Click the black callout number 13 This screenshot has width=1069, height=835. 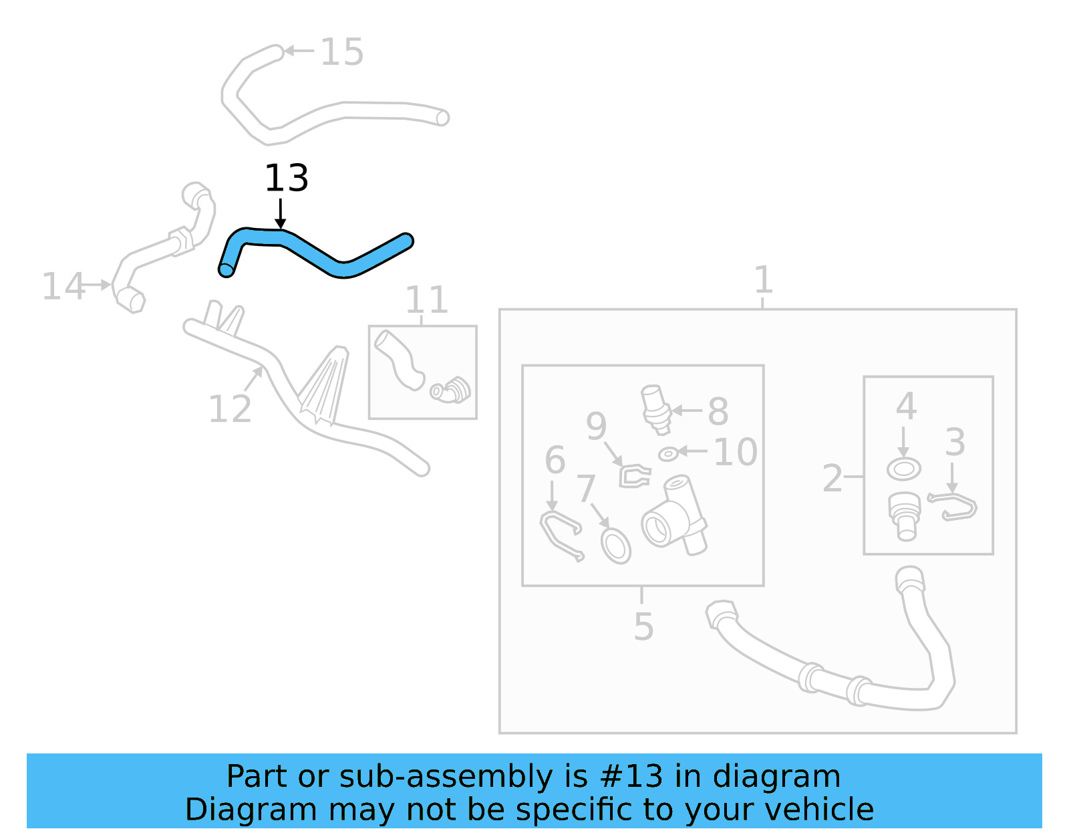point(287,178)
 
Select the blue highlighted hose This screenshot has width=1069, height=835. point(314,254)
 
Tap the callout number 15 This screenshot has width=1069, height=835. point(341,52)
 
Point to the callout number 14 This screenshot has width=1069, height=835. point(63,286)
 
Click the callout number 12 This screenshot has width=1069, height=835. point(230,408)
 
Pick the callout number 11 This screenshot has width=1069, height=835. point(426,300)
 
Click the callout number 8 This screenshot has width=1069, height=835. point(718,411)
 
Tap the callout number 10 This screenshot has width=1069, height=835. point(736,453)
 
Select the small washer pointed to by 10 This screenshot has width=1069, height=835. point(668,455)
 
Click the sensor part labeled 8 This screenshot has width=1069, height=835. point(655,405)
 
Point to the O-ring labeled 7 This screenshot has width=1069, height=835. point(615,545)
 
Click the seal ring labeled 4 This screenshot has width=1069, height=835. point(903,469)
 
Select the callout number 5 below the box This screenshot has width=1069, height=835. point(643,627)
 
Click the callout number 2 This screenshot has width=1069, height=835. point(832,479)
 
